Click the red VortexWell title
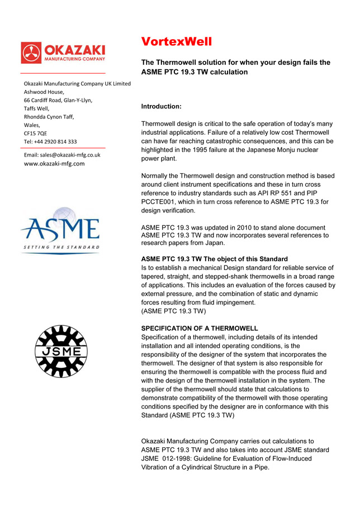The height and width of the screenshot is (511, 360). tap(177, 41)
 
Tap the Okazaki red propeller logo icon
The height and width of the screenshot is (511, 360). tap(31, 53)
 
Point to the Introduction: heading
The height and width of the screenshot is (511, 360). tap(161, 106)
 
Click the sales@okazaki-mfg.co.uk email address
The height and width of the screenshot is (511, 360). tap(62, 154)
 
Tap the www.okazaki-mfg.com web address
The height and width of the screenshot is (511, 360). tap(54, 163)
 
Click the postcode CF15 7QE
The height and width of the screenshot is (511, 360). tap(35, 133)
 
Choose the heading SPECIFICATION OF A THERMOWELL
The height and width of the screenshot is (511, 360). tap(200, 328)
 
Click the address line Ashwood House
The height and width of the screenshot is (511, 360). tap(44, 92)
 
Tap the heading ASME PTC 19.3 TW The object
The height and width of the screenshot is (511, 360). tap(214, 259)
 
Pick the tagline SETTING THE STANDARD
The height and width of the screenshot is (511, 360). tap(61, 247)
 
